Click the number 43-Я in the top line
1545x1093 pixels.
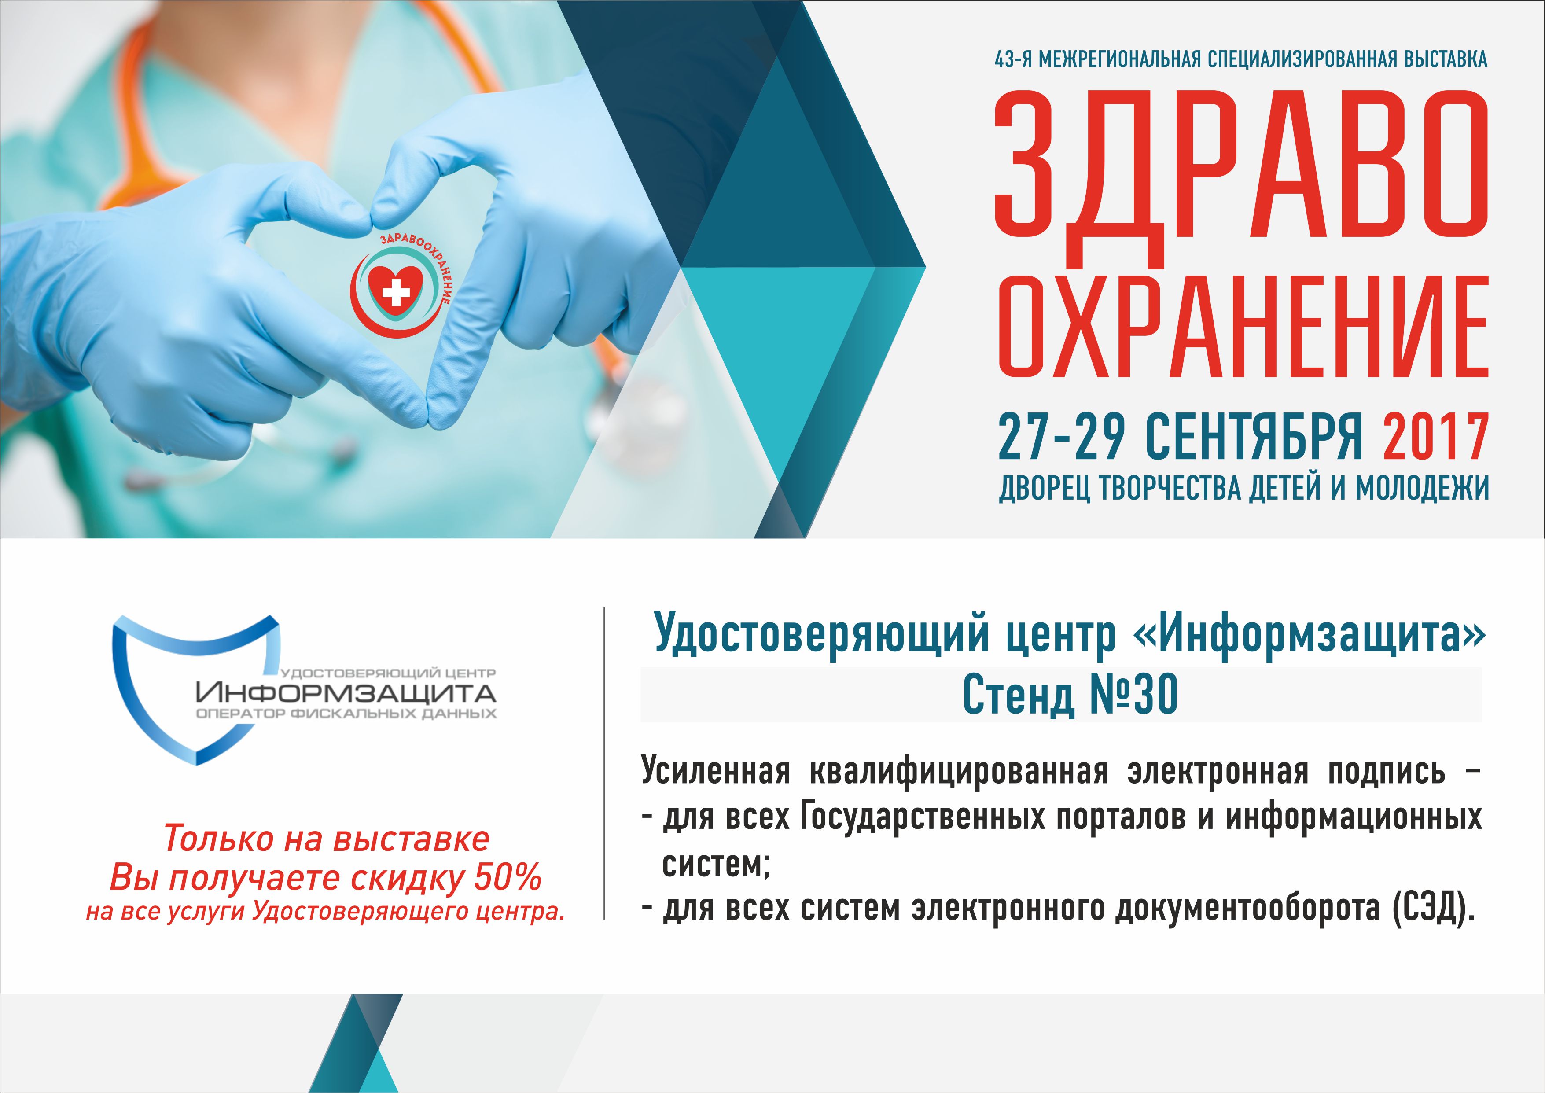point(1013,59)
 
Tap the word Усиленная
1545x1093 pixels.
point(715,771)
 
